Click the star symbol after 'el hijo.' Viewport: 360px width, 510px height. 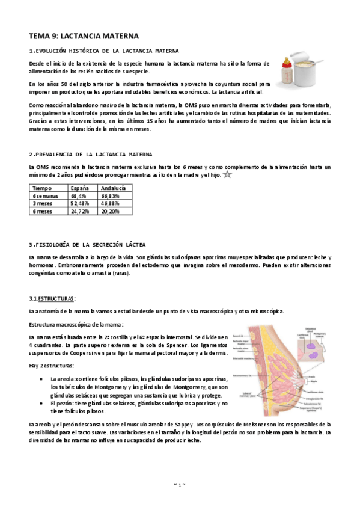coord(227,175)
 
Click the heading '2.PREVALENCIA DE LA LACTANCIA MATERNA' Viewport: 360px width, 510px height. coord(90,155)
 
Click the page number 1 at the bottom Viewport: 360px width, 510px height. coord(180,484)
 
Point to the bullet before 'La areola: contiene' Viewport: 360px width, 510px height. coord(40,379)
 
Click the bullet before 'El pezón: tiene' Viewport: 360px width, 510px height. coord(40,404)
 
